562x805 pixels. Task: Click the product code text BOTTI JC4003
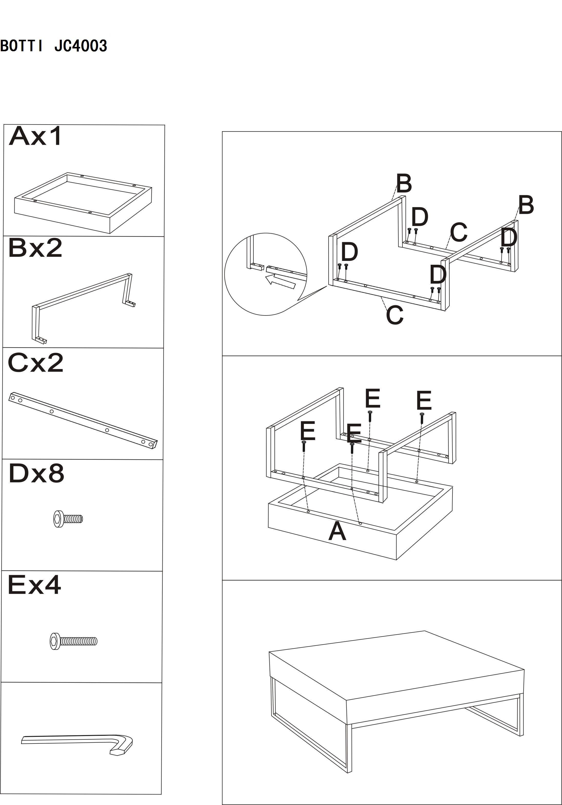coord(53,46)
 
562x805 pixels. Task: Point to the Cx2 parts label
coord(35,363)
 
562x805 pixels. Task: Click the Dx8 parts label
coord(36,473)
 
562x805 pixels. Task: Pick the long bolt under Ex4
coord(73,641)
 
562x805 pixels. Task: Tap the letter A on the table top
coord(337,532)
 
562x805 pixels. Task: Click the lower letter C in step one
coord(395,314)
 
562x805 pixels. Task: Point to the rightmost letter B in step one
coord(526,205)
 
